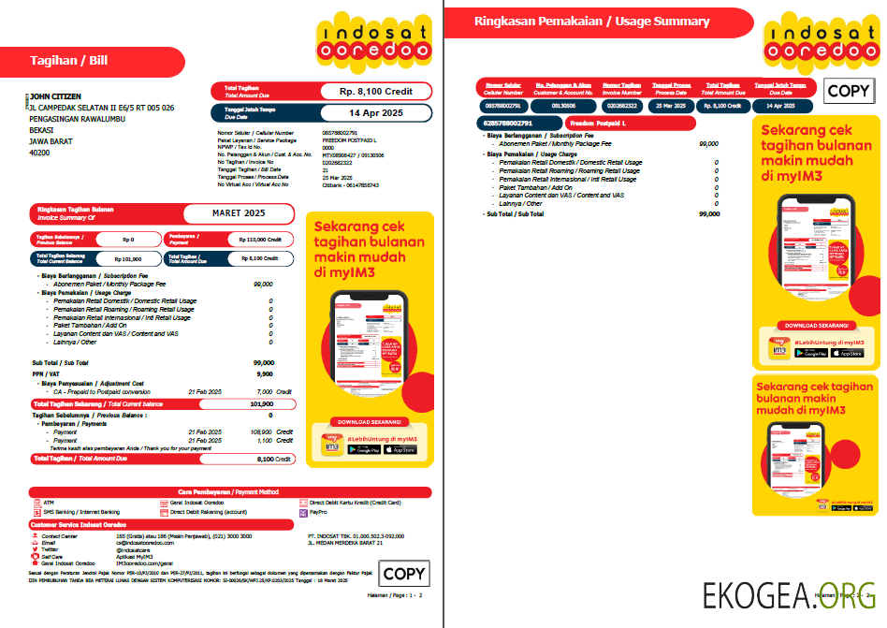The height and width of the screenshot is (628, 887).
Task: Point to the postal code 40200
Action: pos(39,152)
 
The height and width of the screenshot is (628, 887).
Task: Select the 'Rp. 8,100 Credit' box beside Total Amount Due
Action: pos(375,92)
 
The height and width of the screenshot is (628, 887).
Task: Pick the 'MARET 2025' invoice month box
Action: pos(239,213)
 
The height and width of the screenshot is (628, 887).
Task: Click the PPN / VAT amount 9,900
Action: pos(264,373)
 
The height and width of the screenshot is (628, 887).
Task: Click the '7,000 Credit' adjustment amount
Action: pos(264,391)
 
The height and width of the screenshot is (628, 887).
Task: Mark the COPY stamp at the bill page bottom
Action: pos(403,574)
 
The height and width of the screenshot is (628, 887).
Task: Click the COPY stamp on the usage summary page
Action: pos(849,91)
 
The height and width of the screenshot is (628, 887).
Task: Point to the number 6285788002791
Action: pos(509,124)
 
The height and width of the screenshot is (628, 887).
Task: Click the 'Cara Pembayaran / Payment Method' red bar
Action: pos(229,491)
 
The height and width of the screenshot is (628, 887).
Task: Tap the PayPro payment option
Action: pos(317,513)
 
